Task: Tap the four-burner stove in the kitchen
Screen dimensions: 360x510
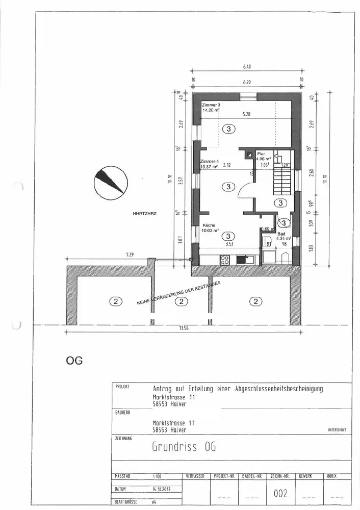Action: coord(224,260)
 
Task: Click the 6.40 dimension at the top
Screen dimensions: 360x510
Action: coord(247,66)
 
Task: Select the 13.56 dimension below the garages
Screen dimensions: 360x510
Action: coord(184,328)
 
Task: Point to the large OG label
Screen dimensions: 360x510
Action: coord(74,361)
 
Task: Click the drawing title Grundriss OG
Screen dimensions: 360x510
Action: coord(184,446)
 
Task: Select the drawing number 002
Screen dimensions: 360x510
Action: coord(281,494)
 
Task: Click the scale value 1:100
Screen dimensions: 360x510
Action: coord(157,476)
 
